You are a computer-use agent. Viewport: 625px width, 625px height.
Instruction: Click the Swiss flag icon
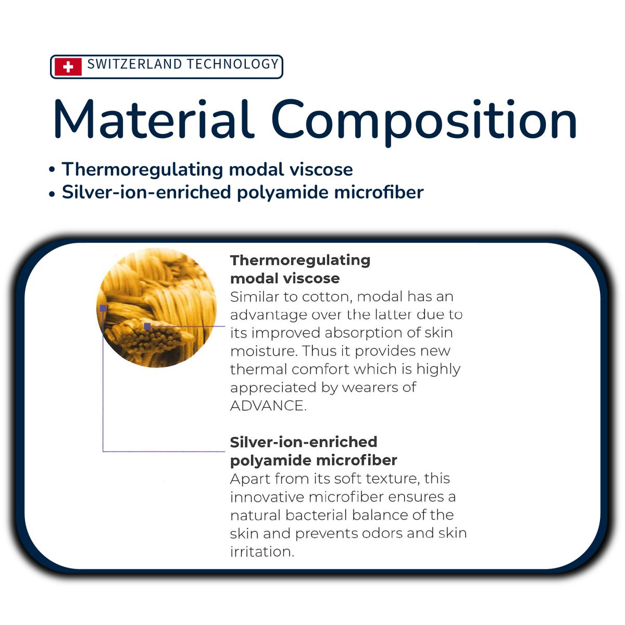click(68, 67)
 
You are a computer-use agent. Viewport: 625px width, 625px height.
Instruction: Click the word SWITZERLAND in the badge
click(134, 64)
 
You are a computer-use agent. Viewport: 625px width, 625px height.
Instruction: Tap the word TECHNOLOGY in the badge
click(233, 64)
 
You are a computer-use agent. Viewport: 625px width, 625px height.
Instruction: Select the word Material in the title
click(154, 119)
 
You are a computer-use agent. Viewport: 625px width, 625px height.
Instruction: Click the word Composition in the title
click(424, 122)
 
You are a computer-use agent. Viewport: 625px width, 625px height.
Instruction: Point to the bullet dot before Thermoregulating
click(52, 170)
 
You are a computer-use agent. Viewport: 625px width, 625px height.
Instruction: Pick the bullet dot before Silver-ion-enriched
click(52, 194)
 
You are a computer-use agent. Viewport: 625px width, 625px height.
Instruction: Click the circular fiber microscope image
click(157, 307)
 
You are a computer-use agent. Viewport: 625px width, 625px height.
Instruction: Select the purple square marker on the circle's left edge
click(103, 308)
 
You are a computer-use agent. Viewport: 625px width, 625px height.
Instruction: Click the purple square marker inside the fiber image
click(147, 326)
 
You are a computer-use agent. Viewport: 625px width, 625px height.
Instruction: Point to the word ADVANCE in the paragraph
click(268, 406)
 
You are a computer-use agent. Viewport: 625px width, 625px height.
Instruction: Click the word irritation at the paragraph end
click(262, 552)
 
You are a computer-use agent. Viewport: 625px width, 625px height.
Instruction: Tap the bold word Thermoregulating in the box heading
click(300, 260)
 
